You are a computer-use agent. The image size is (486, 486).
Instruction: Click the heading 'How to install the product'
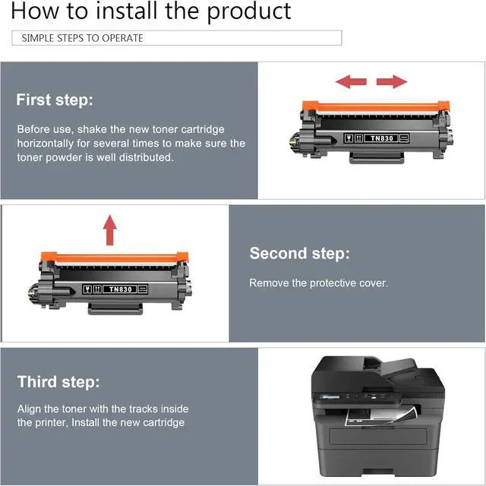tap(151, 12)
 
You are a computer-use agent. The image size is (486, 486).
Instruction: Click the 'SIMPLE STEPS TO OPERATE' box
tap(177, 38)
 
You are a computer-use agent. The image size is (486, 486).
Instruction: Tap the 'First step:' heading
tap(55, 100)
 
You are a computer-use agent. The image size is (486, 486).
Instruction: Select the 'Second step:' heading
tap(299, 253)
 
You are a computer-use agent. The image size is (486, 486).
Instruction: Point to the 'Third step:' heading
tap(58, 381)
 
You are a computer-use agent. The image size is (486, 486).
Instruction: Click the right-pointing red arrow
tap(392, 81)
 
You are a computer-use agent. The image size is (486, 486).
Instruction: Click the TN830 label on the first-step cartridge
tap(377, 138)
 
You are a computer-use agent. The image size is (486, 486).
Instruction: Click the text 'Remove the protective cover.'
tap(318, 283)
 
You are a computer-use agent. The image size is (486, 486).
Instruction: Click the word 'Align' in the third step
tap(30, 409)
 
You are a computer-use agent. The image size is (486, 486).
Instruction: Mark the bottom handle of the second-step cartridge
tap(115, 308)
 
